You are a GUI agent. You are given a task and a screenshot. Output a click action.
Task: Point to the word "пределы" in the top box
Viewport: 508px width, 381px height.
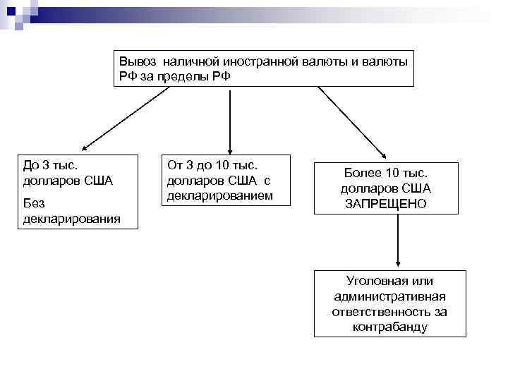[186, 75]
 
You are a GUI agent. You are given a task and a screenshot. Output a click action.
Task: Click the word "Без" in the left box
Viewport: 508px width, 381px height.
[34, 203]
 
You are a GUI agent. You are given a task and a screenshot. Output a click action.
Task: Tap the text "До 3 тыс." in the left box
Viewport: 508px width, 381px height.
[51, 166]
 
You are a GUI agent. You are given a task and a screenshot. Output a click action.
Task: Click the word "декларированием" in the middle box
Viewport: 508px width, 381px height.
[219, 195]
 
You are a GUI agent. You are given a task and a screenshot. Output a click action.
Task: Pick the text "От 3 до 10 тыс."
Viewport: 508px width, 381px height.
[214, 165]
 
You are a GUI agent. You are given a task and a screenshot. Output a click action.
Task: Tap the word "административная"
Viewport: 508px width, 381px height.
[390, 296]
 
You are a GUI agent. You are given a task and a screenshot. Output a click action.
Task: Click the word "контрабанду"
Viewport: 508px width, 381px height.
[390, 327]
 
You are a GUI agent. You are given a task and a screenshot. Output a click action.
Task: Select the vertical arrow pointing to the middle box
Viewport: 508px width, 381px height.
[230, 120]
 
